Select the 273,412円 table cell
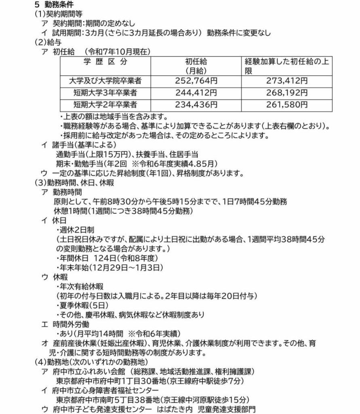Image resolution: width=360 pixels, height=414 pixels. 276,80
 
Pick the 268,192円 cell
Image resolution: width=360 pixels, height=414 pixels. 276,93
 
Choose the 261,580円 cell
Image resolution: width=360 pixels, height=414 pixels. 276,105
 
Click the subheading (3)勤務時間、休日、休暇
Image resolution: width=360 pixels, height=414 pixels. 75,182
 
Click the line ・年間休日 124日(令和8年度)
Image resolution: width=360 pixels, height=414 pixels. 107,258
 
